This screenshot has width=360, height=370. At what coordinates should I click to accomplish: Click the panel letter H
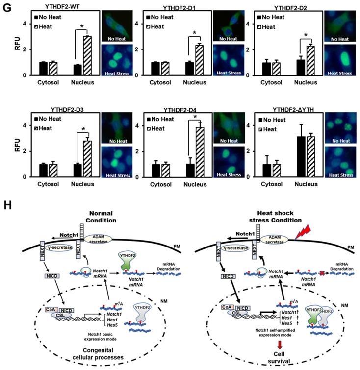pyautogui.click(x=8, y=202)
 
